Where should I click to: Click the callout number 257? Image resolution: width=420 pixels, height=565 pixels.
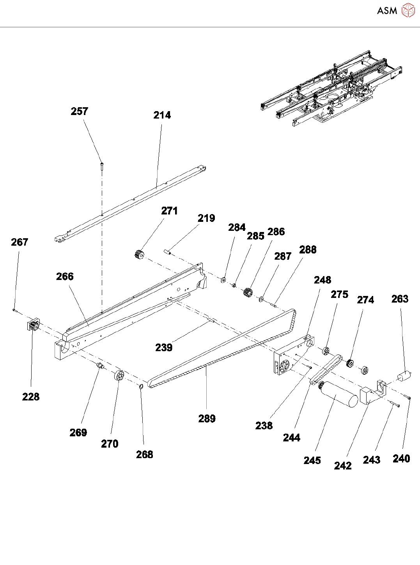[79, 112]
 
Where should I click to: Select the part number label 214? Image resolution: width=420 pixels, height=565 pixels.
[162, 115]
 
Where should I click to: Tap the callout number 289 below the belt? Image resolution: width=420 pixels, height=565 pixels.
[207, 419]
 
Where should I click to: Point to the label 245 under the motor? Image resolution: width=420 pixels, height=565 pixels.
[312, 461]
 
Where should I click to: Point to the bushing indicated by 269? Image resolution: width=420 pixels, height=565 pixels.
[100, 366]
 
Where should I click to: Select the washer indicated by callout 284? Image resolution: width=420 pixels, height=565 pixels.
[223, 280]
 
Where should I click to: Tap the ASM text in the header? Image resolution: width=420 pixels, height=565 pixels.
[387, 11]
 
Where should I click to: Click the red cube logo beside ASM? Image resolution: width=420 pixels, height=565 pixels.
[408, 11]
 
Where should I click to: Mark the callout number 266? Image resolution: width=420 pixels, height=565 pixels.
[65, 277]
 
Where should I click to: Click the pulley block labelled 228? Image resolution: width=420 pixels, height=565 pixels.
[33, 326]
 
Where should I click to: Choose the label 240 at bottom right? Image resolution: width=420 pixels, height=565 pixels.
[401, 459]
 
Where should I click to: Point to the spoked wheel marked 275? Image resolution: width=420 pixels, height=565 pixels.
[327, 351]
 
